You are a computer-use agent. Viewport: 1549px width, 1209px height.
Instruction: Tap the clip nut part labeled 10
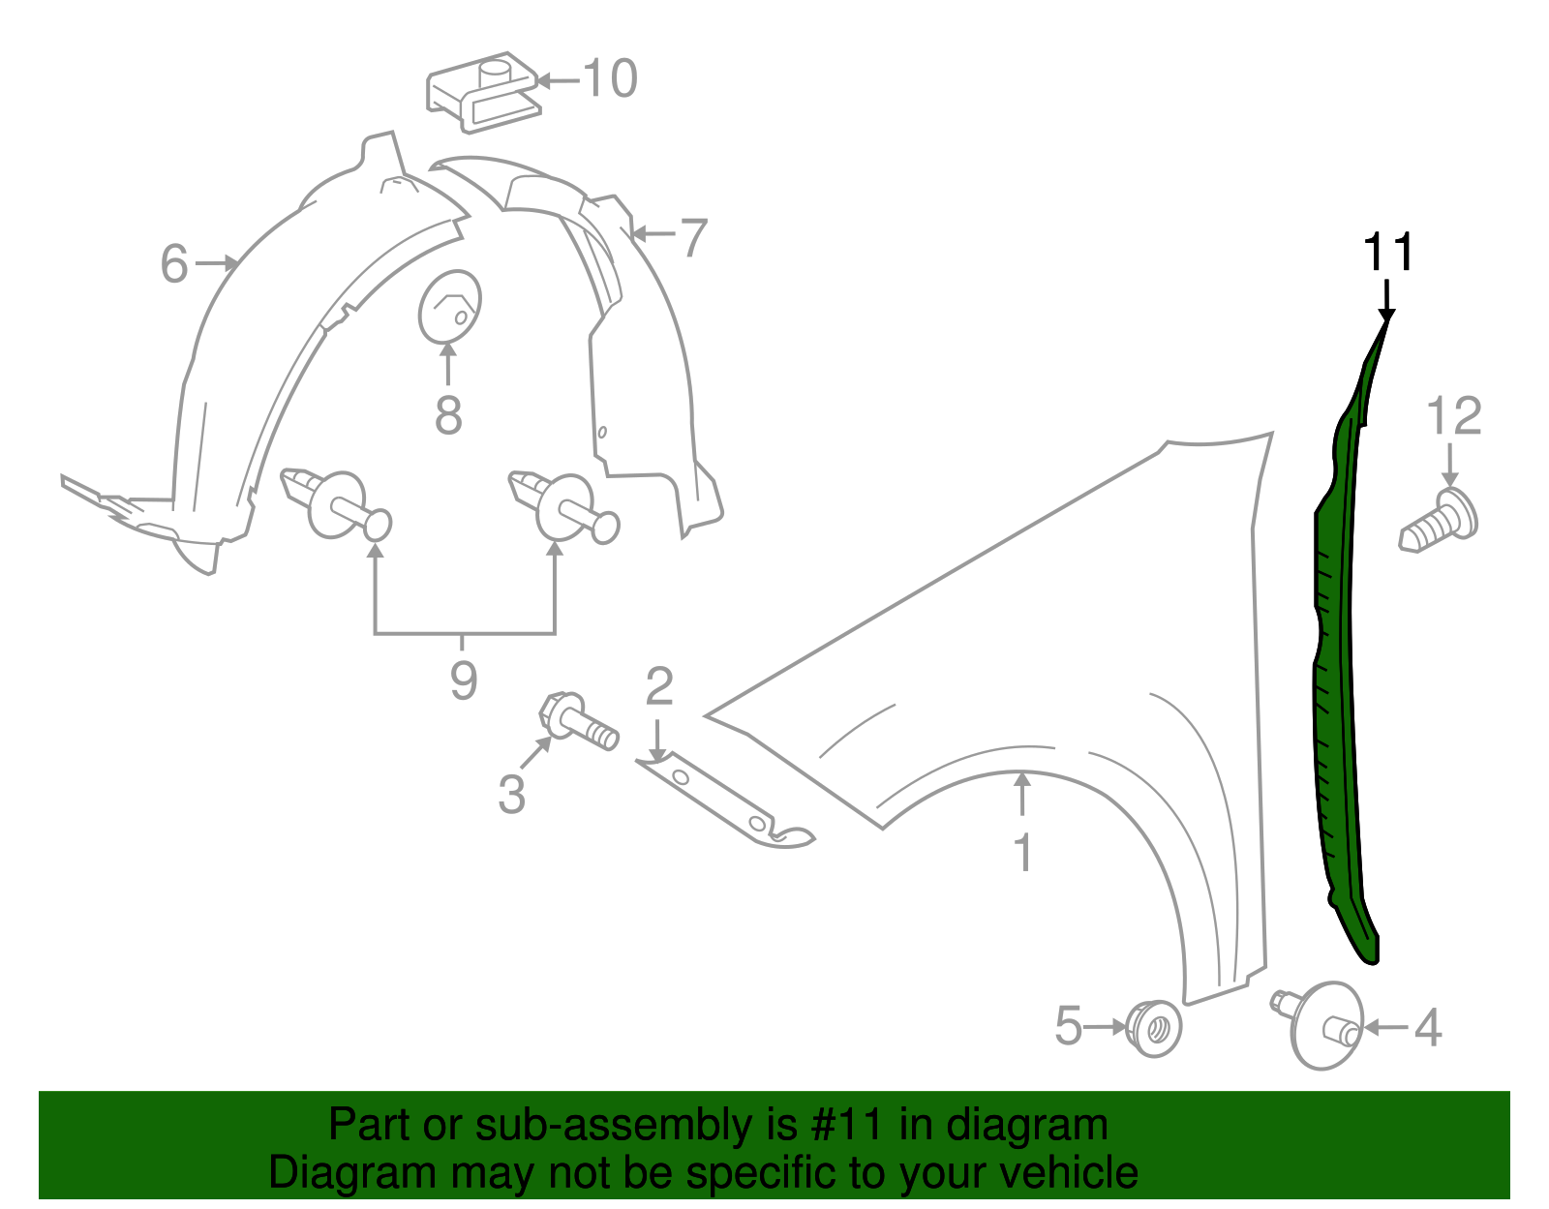click(483, 92)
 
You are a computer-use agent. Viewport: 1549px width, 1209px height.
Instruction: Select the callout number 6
click(174, 264)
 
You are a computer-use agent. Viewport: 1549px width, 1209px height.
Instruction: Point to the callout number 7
click(693, 237)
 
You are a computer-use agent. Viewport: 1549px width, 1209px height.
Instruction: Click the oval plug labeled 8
click(449, 306)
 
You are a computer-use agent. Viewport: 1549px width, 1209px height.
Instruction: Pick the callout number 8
click(448, 416)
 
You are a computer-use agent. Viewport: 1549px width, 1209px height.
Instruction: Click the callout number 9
click(464, 680)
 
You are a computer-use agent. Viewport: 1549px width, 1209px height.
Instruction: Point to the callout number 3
click(511, 794)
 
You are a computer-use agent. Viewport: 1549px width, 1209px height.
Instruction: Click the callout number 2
click(659, 686)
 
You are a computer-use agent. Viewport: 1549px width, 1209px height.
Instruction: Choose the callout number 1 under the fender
click(1022, 853)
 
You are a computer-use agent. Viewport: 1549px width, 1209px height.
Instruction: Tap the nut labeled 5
click(1154, 1028)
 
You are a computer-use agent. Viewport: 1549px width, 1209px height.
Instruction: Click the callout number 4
click(1428, 1028)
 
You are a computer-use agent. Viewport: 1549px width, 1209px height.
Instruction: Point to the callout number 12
click(1454, 416)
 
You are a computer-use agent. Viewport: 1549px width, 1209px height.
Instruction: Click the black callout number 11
click(1388, 253)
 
